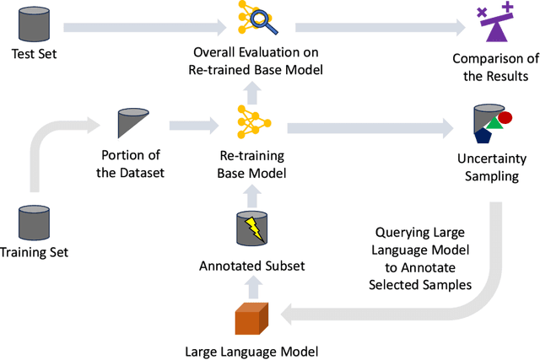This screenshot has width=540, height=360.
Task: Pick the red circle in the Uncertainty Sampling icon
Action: click(505, 117)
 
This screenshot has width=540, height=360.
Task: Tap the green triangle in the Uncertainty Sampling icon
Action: click(496, 126)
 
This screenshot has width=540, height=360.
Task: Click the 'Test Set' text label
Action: click(34, 56)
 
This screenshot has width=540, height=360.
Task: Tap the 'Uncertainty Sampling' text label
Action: click(490, 167)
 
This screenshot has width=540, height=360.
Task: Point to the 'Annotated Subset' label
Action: click(251, 266)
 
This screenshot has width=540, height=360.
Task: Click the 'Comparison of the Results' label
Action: click(490, 67)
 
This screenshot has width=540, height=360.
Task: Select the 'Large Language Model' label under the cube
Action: click(251, 351)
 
